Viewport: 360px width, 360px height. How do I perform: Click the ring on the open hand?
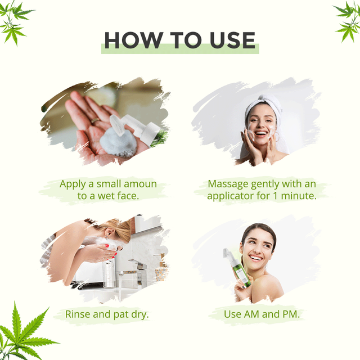[x=95, y=121]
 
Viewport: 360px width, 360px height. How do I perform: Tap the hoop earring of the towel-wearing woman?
[x=277, y=137]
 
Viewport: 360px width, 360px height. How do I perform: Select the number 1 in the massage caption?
[x=275, y=196]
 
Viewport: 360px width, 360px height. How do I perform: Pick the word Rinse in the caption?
[x=78, y=314]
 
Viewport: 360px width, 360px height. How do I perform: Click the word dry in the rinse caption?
[x=139, y=314]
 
